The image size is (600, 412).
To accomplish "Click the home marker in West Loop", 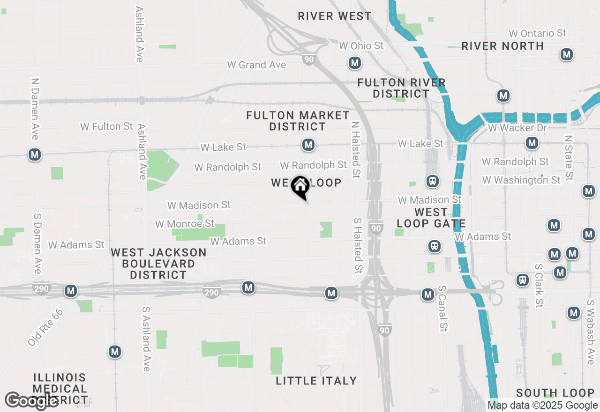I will pos(300,186).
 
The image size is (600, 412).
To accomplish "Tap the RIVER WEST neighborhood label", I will pos(334,16).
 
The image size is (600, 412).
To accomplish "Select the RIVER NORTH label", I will pos(502,46).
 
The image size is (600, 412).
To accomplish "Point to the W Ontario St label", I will pos(538,33).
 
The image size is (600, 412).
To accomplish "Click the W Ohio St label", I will pos(361,45).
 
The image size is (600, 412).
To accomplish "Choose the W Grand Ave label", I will pos(256,65).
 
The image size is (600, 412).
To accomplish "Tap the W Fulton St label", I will pos(106,126).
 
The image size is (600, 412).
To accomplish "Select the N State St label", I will pos(569,158).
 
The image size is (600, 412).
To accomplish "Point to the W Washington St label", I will pos(521,180).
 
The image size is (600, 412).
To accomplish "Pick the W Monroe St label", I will pos(185,224).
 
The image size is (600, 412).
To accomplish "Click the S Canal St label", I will pos(442,309).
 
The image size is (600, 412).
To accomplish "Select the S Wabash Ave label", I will pos(590,332).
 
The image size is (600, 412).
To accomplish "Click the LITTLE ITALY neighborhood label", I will pos(316,381).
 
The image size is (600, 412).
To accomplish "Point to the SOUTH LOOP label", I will pos(555,393).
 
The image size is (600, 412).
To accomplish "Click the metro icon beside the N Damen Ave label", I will pos(34,154).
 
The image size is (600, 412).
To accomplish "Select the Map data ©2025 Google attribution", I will pos(542,405).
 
